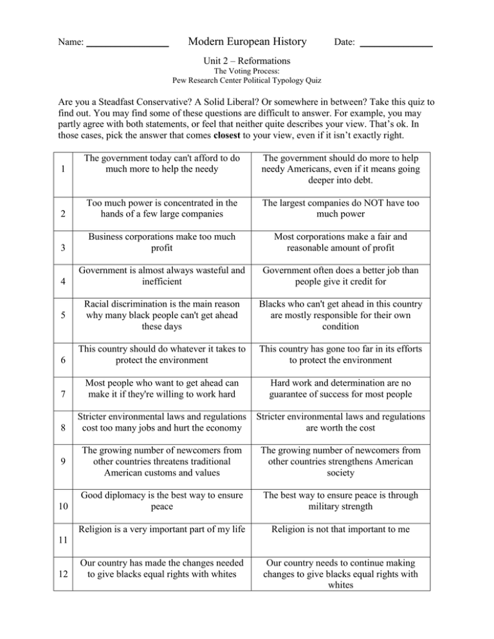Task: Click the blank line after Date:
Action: pos(396,45)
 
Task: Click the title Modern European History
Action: pos(246,42)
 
